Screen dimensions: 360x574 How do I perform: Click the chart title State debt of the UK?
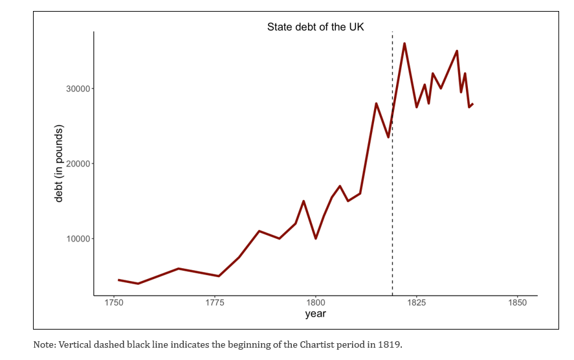(316, 27)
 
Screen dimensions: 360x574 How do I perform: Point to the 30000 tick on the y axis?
(78, 89)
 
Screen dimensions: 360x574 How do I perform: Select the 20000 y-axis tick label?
(78, 164)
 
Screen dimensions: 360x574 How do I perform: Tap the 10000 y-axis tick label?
(78, 239)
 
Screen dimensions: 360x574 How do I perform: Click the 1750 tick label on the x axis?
(114, 303)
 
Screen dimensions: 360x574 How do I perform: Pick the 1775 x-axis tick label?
(215, 303)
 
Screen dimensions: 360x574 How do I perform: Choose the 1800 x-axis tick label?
(316, 303)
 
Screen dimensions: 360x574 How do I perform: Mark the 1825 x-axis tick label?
(416, 303)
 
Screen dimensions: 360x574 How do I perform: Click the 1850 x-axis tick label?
(517, 303)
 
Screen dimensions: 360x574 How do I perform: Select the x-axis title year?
(316, 315)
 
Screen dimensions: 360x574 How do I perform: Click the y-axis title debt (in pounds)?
(59, 164)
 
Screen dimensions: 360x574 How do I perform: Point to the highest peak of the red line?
(404, 44)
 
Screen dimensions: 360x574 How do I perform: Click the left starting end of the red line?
(118, 280)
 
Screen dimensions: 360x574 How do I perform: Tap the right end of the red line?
(472, 104)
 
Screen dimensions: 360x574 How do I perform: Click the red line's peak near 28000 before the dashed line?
(376, 104)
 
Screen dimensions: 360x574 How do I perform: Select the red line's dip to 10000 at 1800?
(316, 238)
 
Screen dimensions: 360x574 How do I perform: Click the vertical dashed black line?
(392, 194)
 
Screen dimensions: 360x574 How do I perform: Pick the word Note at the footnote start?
(43, 344)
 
